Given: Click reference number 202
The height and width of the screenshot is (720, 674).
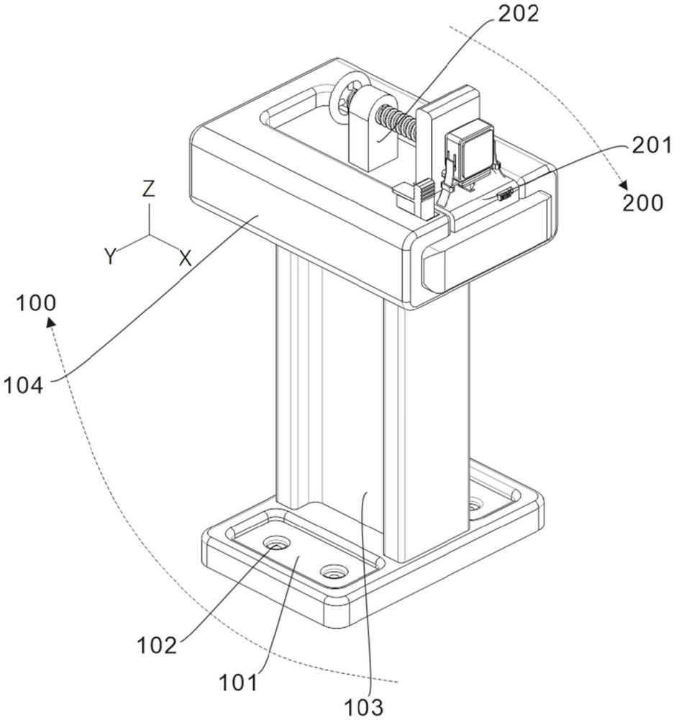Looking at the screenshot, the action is tap(518, 14).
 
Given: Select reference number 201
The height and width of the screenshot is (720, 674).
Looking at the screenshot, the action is tap(651, 145).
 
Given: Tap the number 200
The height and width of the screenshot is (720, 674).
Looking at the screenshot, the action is tap(643, 202).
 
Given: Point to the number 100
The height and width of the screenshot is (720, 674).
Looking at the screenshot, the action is tap(36, 303).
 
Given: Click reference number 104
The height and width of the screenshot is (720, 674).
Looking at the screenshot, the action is tap(24, 384).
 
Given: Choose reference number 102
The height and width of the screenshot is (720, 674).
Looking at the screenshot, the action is tap(157, 646).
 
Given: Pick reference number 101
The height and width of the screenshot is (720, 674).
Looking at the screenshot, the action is tap(237, 683).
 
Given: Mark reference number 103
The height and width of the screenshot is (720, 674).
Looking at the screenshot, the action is tap(363, 707).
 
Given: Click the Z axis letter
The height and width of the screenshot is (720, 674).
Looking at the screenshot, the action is tap(148, 189).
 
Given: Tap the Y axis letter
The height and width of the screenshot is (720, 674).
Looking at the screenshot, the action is tap(110, 256).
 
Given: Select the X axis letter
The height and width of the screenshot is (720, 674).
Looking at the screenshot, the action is tap(185, 258).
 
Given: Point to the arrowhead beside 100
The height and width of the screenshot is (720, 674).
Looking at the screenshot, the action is tap(51, 322).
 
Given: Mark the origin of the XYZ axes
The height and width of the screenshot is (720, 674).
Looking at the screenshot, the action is tap(149, 236).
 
